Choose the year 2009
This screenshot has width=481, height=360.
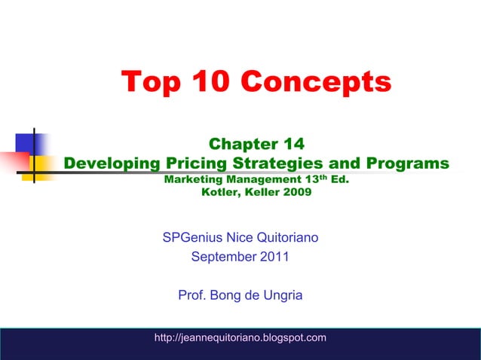(294, 192)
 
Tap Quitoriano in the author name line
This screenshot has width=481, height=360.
(286, 238)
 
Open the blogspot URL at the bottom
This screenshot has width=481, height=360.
(240, 337)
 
